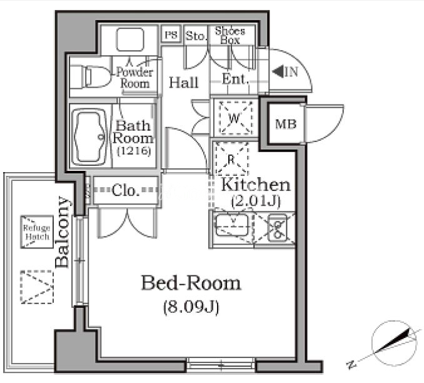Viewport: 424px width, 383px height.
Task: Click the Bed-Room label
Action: [191, 283]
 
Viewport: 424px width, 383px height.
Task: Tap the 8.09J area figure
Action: [191, 307]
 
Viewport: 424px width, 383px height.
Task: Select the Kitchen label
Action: [256, 185]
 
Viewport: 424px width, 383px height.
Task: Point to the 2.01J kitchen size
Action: [256, 201]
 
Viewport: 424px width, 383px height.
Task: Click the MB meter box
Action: [286, 124]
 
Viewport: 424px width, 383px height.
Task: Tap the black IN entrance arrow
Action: [277, 72]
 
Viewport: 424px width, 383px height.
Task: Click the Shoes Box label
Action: [230, 36]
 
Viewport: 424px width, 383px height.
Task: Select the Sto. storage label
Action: [195, 36]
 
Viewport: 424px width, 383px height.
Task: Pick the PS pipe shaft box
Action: [171, 34]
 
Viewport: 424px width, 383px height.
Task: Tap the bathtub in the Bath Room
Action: [89, 136]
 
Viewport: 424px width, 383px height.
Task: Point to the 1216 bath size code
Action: [134, 150]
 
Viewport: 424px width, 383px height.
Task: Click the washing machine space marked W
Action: [235, 118]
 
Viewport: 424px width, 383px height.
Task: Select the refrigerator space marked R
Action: [231, 158]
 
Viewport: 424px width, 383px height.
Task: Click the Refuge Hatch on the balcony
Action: [37, 232]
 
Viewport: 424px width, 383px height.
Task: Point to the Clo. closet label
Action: [126, 190]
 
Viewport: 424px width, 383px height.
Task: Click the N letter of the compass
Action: [351, 365]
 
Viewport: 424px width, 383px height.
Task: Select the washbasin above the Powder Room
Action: [130, 39]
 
